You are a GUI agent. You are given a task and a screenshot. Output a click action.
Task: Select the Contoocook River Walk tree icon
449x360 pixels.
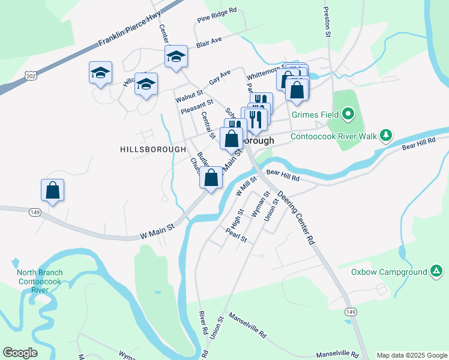click(x=388, y=136)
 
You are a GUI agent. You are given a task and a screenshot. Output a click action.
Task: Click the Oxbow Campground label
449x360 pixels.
click(x=388, y=272)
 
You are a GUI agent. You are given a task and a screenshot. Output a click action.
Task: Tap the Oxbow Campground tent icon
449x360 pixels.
click(x=436, y=272)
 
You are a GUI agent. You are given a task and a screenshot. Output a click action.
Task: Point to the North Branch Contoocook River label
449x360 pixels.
click(x=40, y=281)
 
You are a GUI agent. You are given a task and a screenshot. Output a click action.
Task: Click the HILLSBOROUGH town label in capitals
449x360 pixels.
click(x=148, y=149)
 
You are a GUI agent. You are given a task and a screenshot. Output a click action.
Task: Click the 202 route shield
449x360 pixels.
click(x=31, y=74)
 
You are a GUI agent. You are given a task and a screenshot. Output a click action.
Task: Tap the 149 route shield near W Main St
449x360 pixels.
click(x=34, y=211)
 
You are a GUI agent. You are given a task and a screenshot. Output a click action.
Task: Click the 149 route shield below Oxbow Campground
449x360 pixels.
click(x=351, y=311)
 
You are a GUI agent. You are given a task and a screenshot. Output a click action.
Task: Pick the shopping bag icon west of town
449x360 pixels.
click(x=53, y=190)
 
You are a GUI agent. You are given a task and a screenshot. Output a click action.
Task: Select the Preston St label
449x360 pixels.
click(x=327, y=23)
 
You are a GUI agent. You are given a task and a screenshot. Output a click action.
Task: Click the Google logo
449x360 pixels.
click(x=20, y=353)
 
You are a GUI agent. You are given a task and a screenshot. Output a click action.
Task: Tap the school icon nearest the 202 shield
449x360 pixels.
click(x=100, y=73)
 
